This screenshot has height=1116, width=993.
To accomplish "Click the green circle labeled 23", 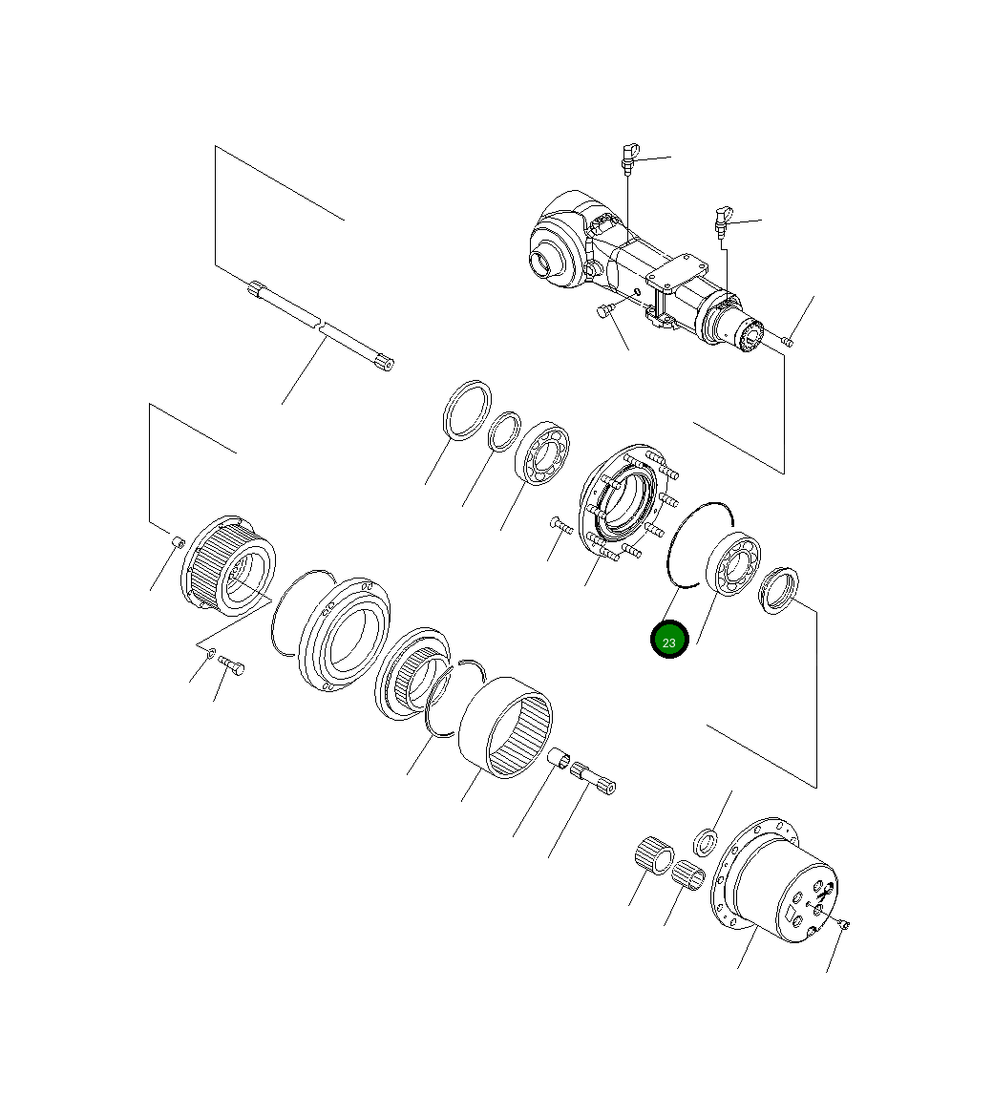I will click(668, 642).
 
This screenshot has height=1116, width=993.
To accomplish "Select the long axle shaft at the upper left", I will click(321, 325).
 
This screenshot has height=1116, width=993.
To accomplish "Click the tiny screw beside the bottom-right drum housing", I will click(845, 923).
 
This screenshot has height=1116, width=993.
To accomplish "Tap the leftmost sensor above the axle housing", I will click(628, 158).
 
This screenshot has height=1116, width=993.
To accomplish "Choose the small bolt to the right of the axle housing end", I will click(787, 340).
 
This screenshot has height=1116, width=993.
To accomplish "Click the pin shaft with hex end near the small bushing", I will click(593, 777).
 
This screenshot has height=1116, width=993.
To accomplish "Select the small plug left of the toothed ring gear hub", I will click(177, 543).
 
